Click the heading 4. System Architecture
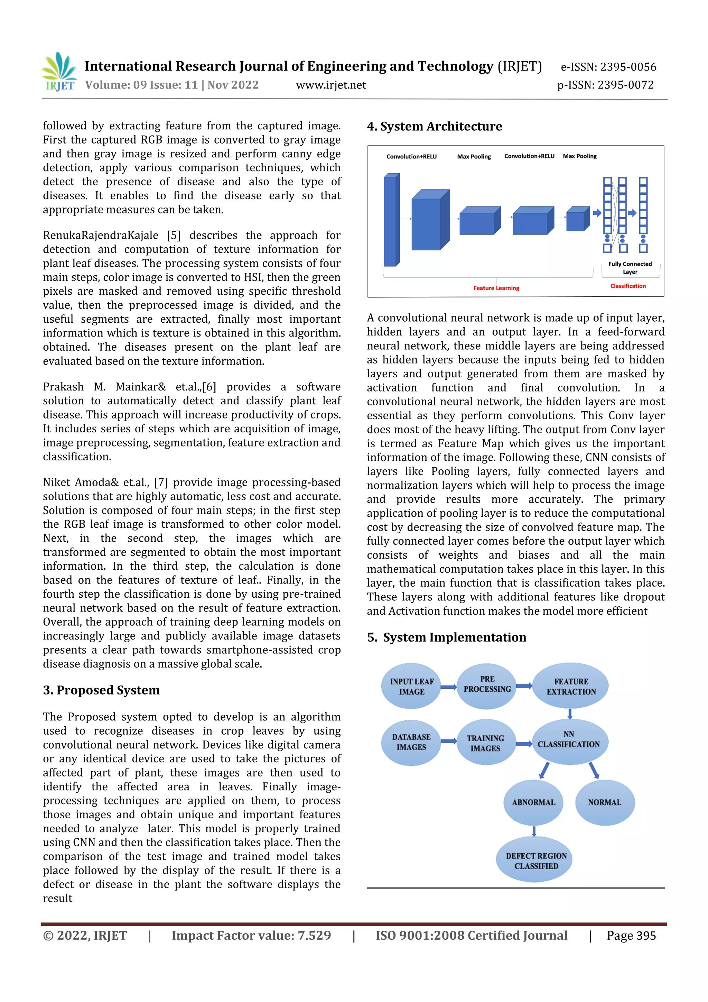435,127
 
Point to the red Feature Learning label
496,288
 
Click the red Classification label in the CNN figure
628,286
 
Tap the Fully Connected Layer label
630,267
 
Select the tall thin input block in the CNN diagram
391,220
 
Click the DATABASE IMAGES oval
411,742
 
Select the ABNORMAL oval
533,802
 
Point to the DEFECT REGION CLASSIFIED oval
536,861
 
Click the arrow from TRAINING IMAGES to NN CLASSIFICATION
524,744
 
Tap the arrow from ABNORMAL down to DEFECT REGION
534,830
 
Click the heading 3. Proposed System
101,690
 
